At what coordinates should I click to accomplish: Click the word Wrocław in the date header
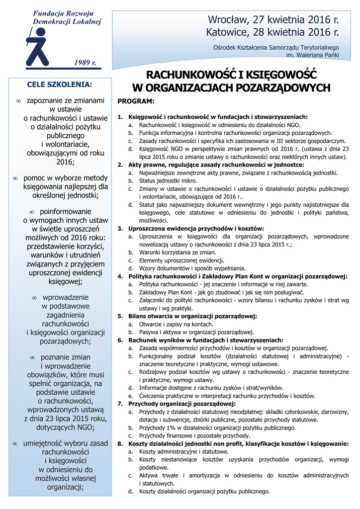click(x=229, y=20)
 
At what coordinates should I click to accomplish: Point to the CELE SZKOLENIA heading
click(x=60, y=85)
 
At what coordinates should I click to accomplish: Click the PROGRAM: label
click(x=136, y=101)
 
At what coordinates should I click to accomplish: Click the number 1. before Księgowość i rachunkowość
click(x=120, y=117)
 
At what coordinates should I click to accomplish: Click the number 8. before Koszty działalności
click(x=120, y=443)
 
